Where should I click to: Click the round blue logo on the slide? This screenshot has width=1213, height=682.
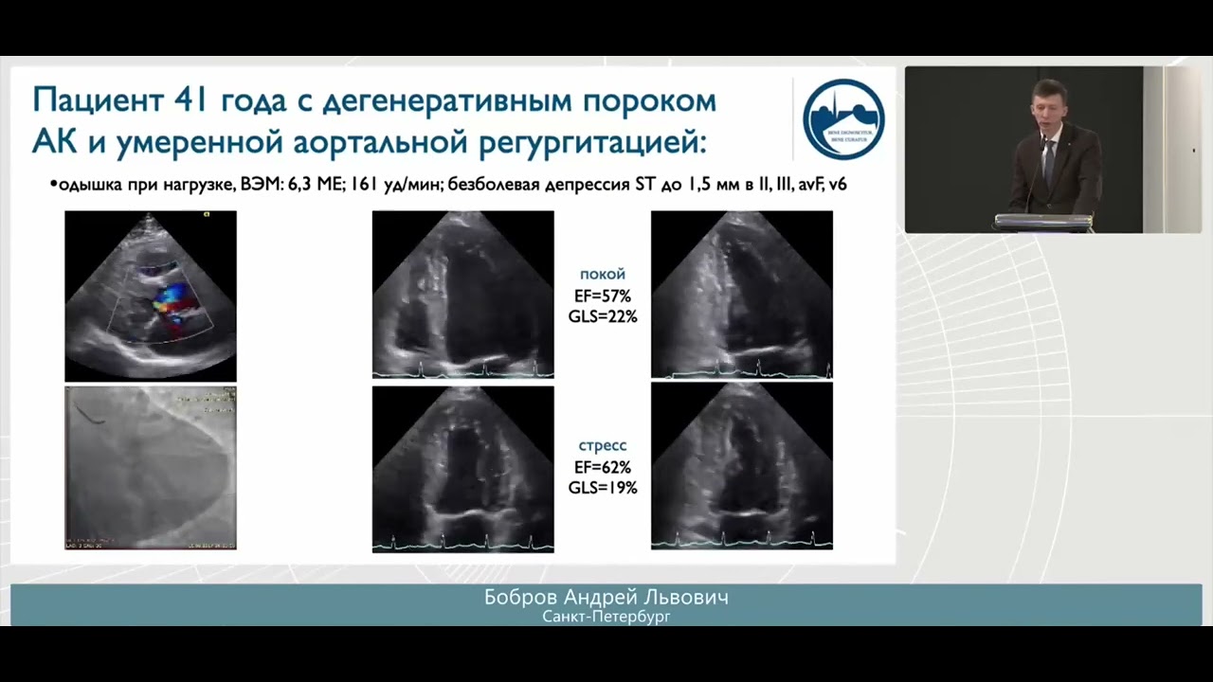tap(842, 118)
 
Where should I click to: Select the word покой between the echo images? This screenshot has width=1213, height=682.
tap(602, 275)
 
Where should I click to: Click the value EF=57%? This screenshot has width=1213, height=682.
tap(602, 296)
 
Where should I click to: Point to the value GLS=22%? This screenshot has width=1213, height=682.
tap(602, 317)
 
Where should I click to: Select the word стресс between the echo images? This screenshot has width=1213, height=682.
tap(602, 445)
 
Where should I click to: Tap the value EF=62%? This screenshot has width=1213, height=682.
tap(602, 467)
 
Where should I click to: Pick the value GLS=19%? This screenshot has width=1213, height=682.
tap(602, 488)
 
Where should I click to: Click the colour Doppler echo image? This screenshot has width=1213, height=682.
tap(150, 296)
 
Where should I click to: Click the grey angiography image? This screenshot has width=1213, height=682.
tap(150, 468)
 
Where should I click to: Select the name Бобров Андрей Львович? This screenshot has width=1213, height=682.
tap(606, 598)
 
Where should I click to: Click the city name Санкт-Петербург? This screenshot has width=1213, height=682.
tap(606, 617)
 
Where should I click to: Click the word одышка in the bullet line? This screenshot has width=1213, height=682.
tap(91, 185)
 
